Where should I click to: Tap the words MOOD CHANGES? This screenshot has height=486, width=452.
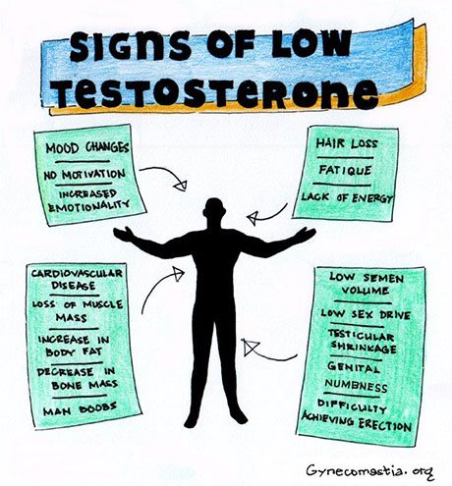click(x=87, y=148)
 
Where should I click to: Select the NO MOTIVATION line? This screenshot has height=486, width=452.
click(x=85, y=175)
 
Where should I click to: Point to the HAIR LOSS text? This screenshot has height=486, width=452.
click(x=347, y=143)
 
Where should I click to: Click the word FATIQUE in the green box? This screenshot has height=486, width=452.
click(x=345, y=170)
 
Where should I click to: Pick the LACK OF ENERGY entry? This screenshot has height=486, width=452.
click(x=347, y=197)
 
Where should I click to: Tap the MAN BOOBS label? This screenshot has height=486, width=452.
click(x=80, y=408)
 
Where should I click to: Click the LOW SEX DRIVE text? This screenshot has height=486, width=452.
click(x=366, y=314)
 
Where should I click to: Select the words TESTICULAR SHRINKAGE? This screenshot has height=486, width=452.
click(x=363, y=341)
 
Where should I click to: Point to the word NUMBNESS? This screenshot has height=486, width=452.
click(x=356, y=386)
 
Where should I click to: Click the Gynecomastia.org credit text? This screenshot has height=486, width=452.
click(x=370, y=471)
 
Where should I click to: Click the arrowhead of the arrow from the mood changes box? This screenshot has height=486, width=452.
click(x=181, y=186)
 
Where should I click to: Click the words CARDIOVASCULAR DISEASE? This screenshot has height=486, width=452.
click(x=77, y=279)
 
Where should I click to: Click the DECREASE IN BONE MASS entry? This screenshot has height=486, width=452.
click(x=77, y=379)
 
